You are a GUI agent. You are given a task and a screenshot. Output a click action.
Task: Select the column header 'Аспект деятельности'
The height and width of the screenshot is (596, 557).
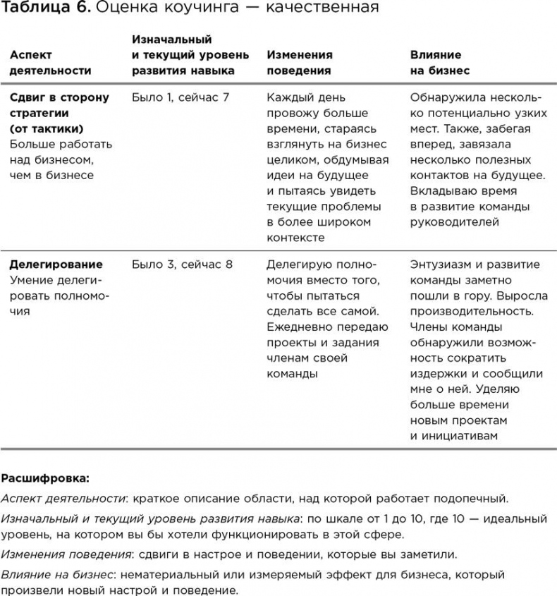[x=51, y=62]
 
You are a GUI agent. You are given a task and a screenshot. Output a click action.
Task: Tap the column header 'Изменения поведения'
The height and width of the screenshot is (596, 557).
[x=300, y=62]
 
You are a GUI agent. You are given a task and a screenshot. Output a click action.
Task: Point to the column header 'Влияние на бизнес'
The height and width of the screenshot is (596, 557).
[x=440, y=62]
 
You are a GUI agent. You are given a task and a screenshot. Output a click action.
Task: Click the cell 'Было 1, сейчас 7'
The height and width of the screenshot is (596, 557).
[x=180, y=97]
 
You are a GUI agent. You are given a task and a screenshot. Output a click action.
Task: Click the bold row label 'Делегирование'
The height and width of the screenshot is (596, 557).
[x=56, y=264]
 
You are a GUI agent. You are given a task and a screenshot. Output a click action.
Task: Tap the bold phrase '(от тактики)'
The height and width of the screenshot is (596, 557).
[x=47, y=128]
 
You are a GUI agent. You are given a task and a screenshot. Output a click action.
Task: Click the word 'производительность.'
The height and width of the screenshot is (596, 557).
[x=472, y=311]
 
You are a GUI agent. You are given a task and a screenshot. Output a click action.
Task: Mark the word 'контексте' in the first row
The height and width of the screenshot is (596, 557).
[x=295, y=238]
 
